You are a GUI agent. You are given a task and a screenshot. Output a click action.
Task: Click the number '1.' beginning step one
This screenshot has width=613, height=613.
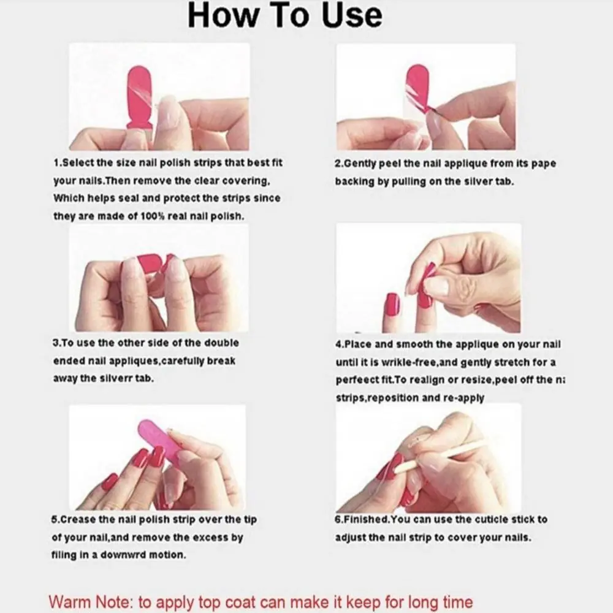tap(57, 164)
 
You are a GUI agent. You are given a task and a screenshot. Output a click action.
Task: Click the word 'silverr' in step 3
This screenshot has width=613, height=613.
tap(109, 378)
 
